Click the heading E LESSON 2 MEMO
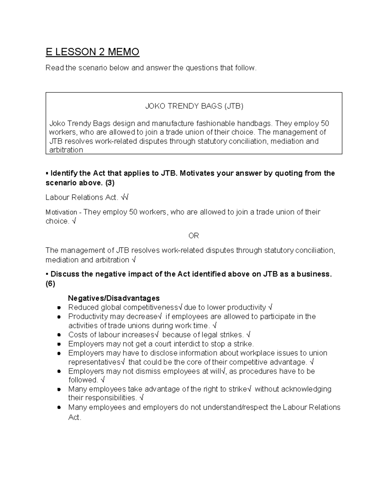[92, 52]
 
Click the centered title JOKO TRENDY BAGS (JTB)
[194, 106]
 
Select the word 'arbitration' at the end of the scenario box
[66, 150]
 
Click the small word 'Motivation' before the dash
[61, 212]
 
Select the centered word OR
[194, 236]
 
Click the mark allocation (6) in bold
[50, 284]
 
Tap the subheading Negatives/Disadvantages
[114, 298]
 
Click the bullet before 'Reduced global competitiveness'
[59, 308]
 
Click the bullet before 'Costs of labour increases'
[59, 335]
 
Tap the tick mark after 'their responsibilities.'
[142, 398]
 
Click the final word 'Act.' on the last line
[74, 417]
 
